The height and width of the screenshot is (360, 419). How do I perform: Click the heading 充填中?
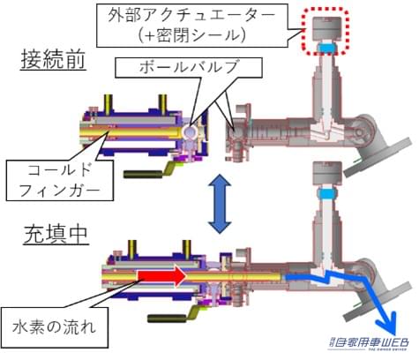(43, 236)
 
